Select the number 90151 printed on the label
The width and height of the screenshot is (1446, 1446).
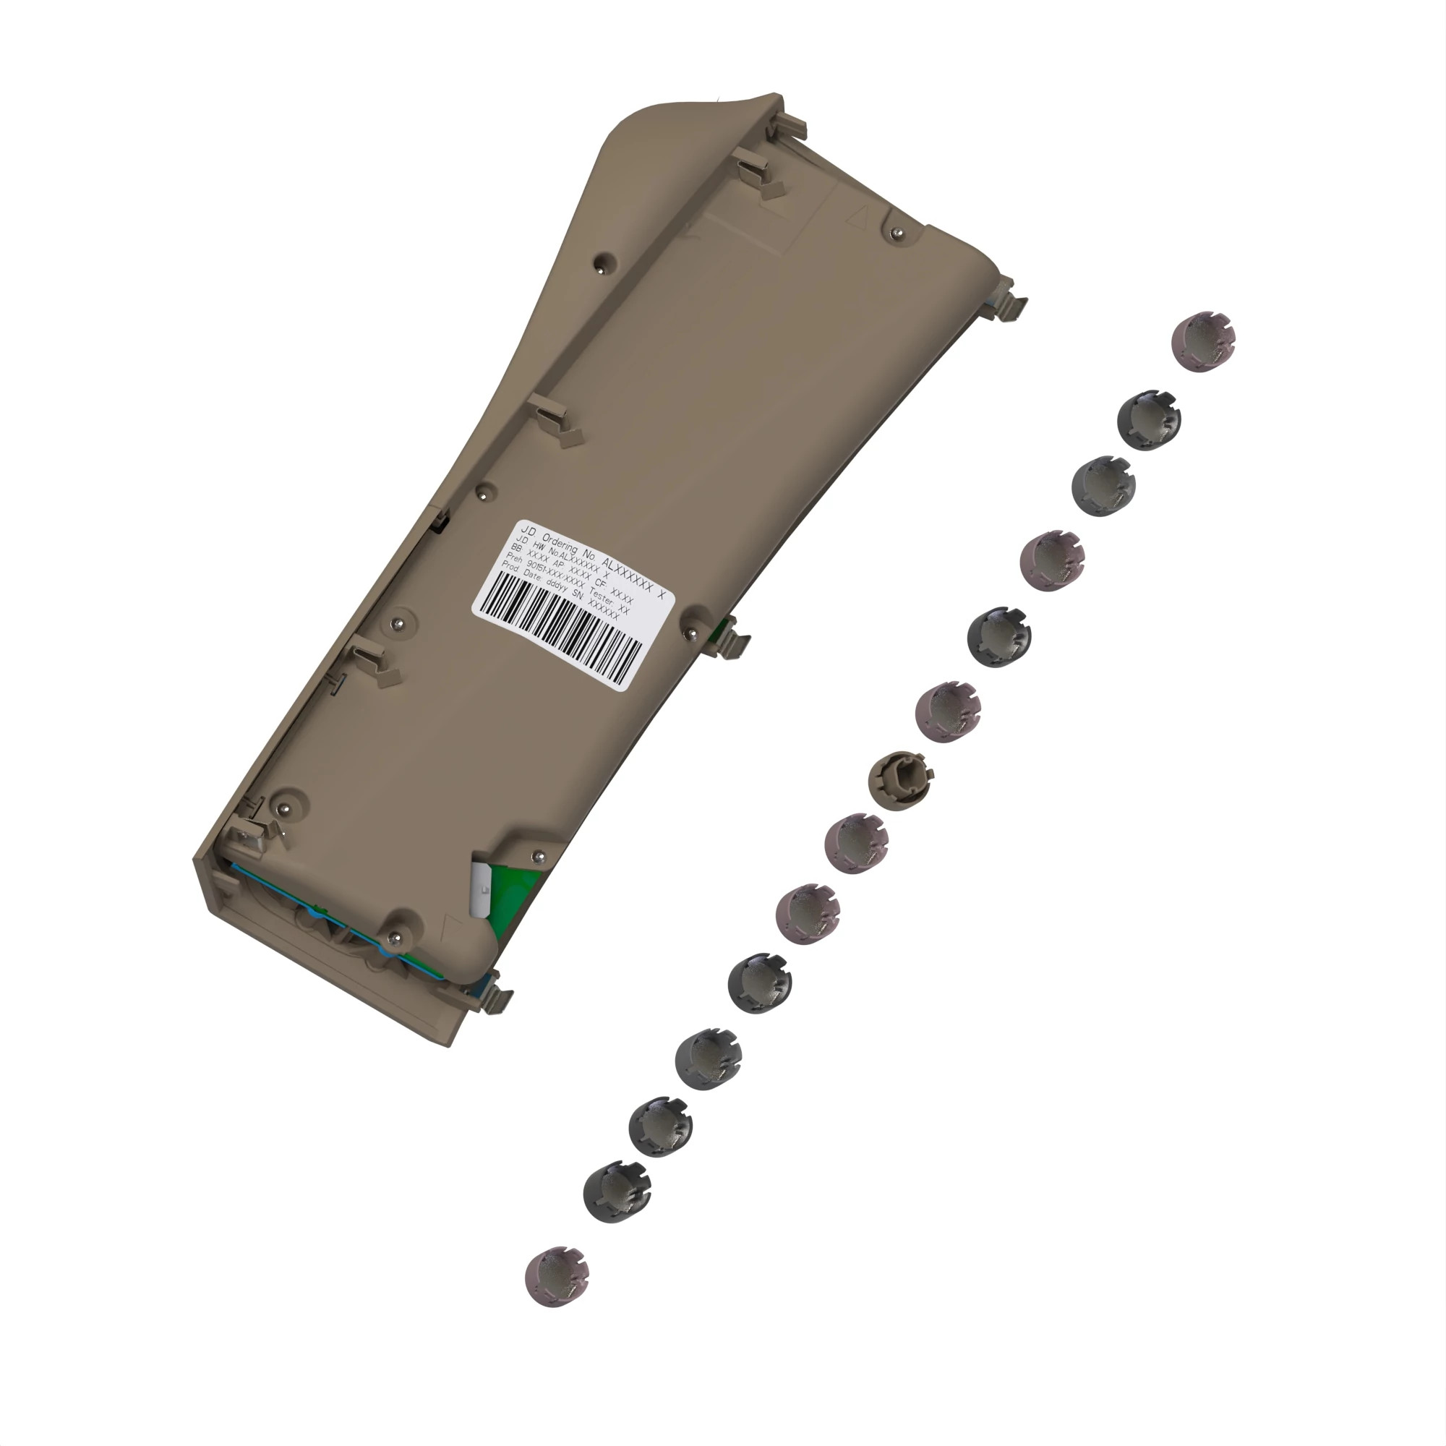536,568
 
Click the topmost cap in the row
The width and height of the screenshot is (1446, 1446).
1202,341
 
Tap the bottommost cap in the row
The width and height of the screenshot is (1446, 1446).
557,1276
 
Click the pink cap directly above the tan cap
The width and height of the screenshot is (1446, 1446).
948,711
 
